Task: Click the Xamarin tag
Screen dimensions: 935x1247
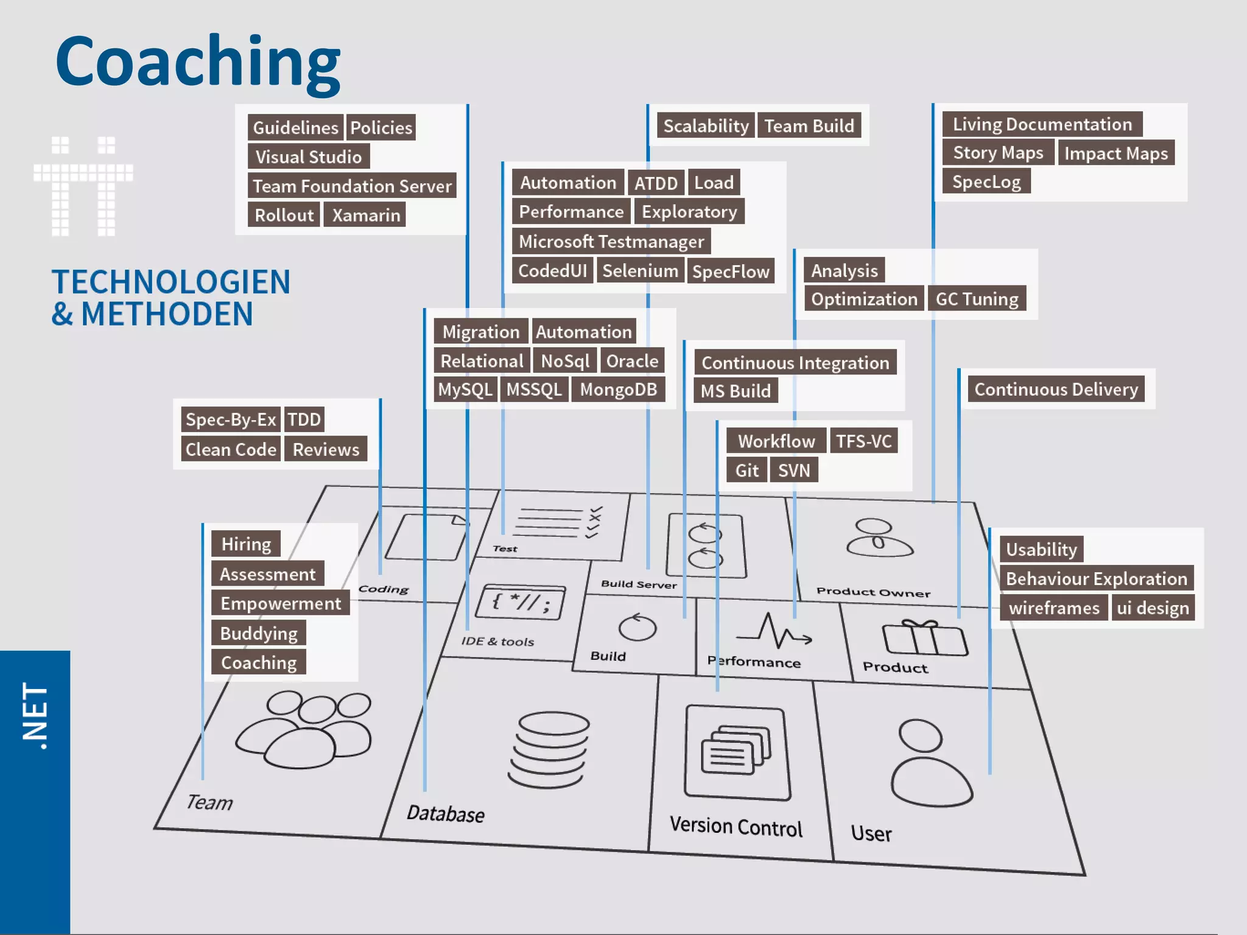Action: click(x=365, y=215)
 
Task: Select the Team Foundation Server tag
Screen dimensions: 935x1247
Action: click(x=352, y=186)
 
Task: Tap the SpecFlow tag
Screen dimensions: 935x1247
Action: click(x=731, y=271)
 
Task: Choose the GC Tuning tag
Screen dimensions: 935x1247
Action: click(x=977, y=299)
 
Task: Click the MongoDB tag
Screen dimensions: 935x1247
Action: click(x=618, y=390)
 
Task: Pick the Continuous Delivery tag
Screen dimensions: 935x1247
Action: click(x=1056, y=389)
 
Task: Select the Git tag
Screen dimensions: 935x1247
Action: click(x=746, y=470)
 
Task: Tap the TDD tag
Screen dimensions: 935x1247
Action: click(x=304, y=419)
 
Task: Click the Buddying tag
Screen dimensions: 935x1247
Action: click(x=259, y=633)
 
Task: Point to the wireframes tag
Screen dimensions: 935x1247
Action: click(x=1054, y=608)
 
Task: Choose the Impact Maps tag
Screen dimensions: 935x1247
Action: click(x=1115, y=153)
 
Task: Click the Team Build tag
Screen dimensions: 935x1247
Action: click(x=809, y=126)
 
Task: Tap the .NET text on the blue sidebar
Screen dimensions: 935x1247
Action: click(x=35, y=715)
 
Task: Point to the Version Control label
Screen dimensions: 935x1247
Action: click(x=736, y=827)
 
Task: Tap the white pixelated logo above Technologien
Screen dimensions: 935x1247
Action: click(x=83, y=186)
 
